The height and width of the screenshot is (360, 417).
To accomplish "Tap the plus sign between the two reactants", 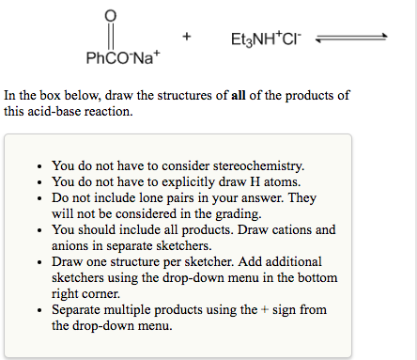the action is [188, 38].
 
